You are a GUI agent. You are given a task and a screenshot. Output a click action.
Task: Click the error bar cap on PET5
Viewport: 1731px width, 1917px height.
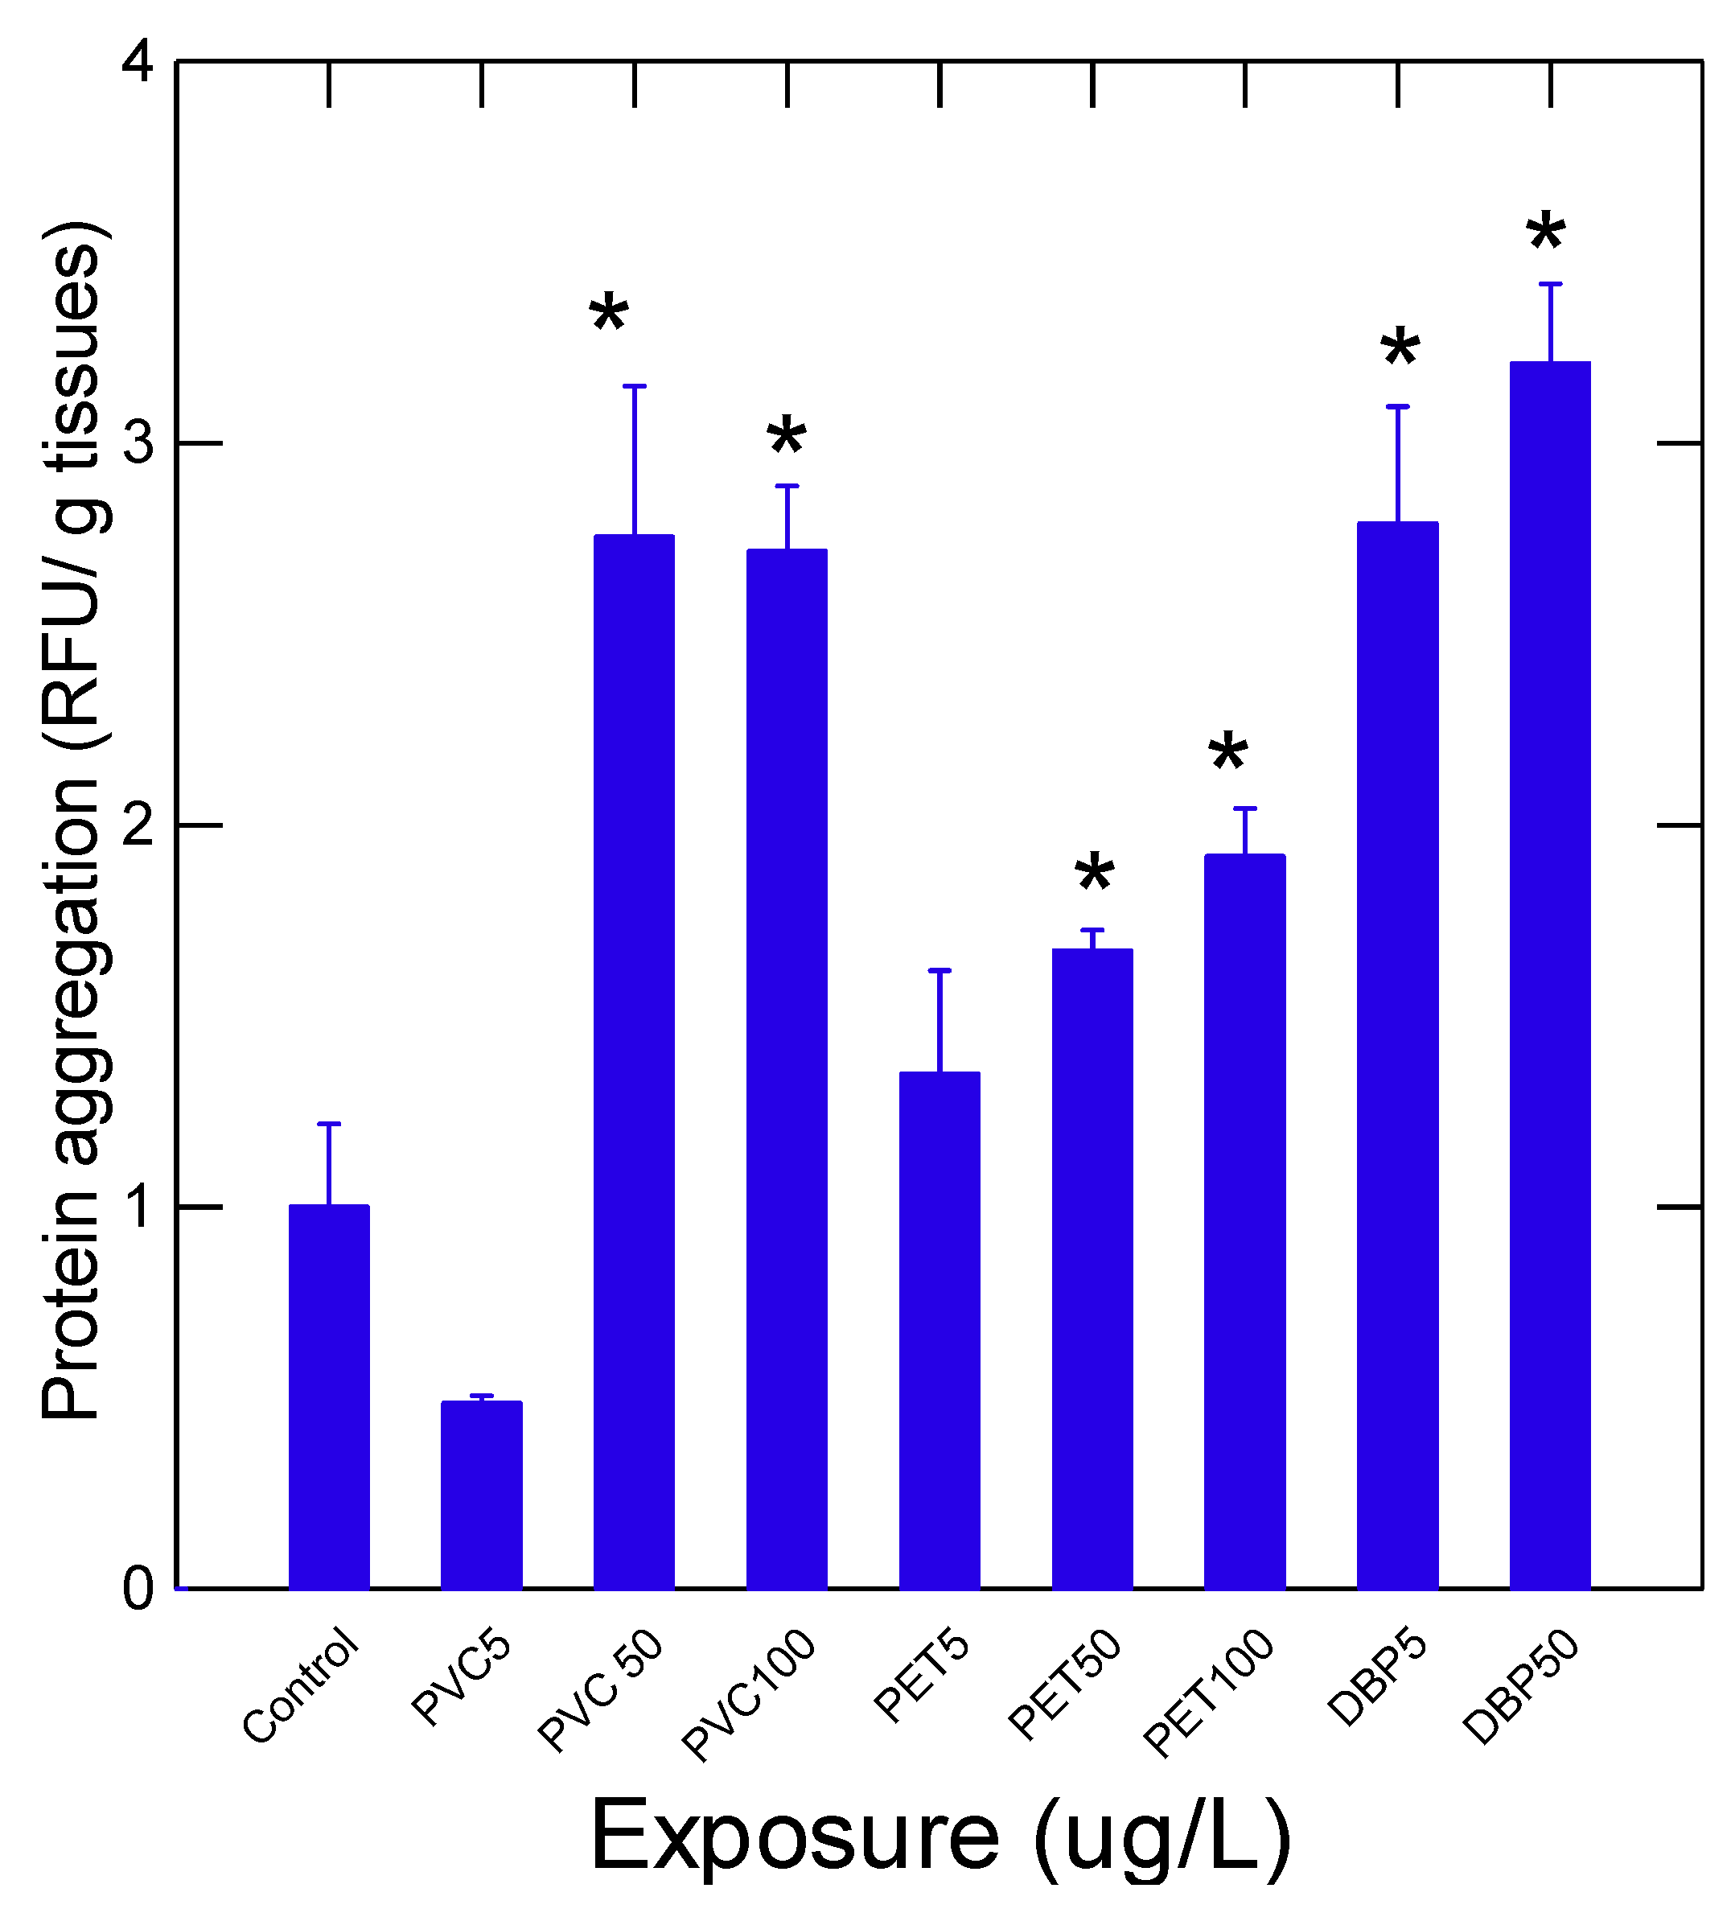point(940,970)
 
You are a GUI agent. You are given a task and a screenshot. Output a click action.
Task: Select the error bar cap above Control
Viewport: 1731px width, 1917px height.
point(329,1124)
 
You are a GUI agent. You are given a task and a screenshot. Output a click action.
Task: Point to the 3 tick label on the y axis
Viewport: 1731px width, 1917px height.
point(139,443)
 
